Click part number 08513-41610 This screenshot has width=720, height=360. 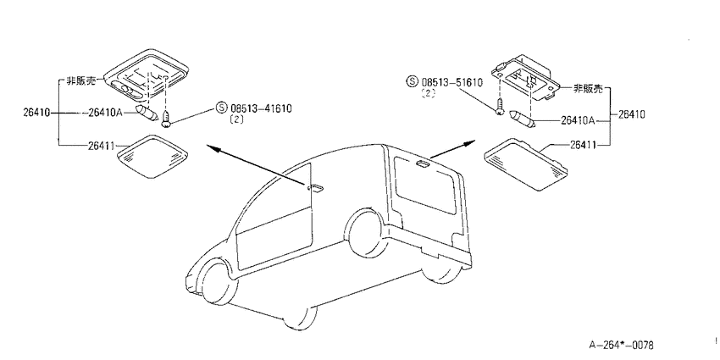pos(261,108)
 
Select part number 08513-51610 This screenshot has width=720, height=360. pos(451,82)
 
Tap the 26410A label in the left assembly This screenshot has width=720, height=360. pos(106,112)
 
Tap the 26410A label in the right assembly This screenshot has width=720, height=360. pos(578,121)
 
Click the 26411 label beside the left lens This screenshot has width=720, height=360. pos(101,146)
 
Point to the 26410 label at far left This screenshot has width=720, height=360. pos(36,112)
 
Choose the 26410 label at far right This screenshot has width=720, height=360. pos(631,114)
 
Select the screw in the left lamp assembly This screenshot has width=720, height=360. pos(166,118)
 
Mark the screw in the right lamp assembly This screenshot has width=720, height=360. pos(500,107)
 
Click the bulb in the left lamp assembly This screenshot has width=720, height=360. pos(147,113)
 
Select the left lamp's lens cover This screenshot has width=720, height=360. pos(153,156)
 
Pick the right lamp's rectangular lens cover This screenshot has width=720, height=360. pos(526,164)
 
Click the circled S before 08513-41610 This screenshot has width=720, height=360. pos(221,108)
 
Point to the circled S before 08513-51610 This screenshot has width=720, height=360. pos(412,82)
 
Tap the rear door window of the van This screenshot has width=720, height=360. pos(424,185)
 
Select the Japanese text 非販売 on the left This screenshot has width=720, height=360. pos(80,80)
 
